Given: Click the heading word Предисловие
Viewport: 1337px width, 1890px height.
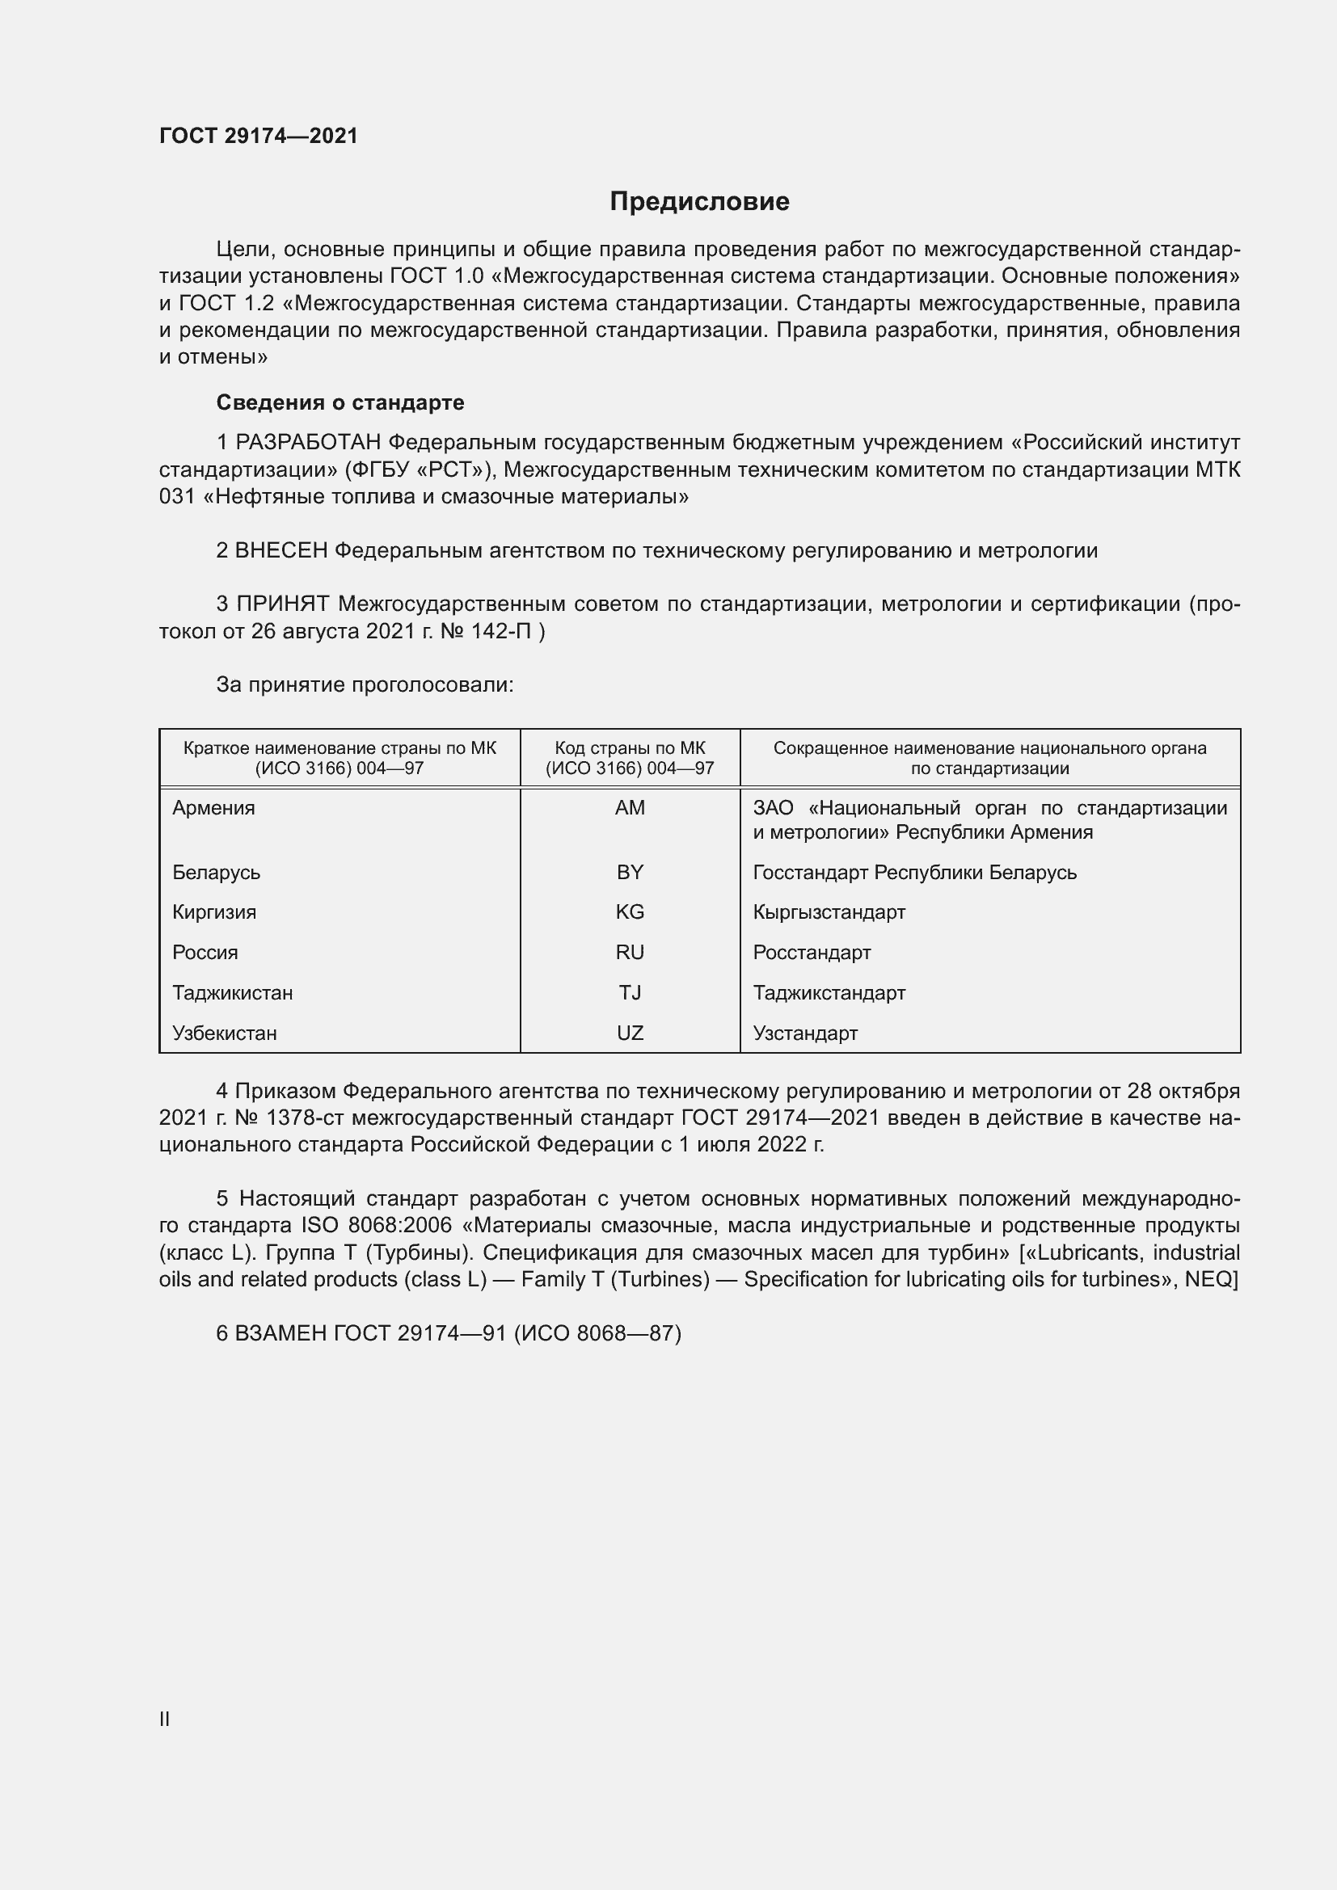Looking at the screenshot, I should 699,202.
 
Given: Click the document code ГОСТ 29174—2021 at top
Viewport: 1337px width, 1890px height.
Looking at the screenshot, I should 259,136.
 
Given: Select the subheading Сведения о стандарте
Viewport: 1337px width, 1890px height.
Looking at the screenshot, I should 340,402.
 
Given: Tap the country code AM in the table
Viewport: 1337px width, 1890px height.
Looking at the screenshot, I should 630,807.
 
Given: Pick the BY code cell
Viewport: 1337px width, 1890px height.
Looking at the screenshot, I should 630,872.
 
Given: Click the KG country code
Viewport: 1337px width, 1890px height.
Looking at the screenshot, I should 630,912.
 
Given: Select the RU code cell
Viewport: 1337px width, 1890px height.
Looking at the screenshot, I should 630,953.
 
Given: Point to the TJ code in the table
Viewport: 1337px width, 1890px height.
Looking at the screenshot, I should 630,993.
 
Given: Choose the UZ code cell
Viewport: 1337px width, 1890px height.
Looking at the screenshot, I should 630,1033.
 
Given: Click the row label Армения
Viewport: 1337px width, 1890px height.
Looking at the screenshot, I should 213,807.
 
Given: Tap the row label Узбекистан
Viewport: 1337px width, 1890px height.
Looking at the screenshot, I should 224,1033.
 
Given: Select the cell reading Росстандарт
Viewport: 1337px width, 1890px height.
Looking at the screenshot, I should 811,953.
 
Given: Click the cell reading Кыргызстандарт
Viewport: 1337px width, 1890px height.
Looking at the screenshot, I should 829,912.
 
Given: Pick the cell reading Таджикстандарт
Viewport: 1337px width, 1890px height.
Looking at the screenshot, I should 829,993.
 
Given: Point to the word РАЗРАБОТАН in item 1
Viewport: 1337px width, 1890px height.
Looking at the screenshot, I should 308,443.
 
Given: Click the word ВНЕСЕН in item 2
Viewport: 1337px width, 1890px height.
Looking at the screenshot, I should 280,551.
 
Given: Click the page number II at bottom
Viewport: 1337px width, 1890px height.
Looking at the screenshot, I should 165,1719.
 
